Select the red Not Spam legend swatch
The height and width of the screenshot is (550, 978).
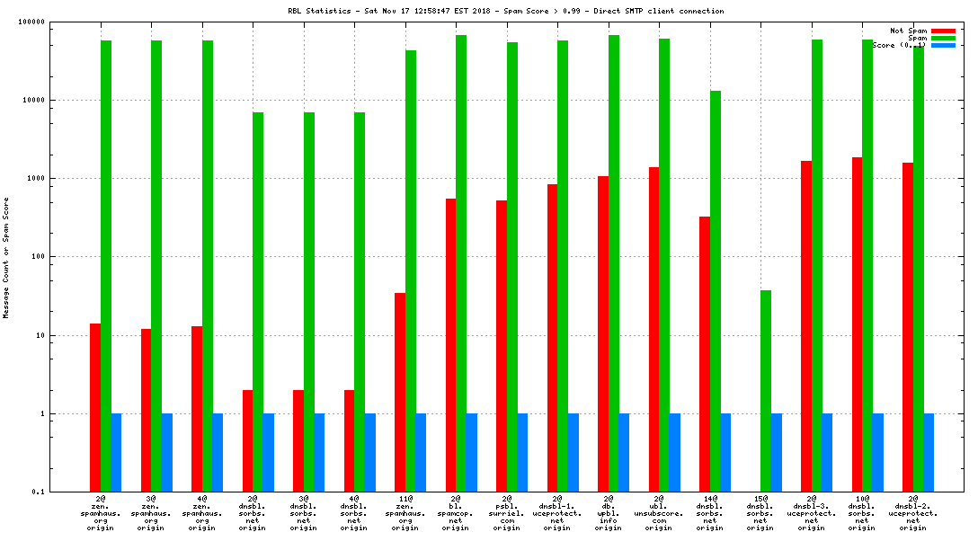point(943,31)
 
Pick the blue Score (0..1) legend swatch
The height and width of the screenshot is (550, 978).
point(943,45)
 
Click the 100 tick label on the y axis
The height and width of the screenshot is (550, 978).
point(37,257)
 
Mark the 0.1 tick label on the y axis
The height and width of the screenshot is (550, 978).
point(37,492)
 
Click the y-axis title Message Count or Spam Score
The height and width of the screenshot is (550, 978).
point(6,257)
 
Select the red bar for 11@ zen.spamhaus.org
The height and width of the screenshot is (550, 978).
point(400,392)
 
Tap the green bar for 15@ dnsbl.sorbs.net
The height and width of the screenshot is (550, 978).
point(766,391)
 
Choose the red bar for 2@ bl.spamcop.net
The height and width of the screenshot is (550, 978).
point(451,345)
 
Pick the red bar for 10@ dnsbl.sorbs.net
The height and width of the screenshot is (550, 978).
point(858,324)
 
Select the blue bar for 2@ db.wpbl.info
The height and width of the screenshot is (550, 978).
point(624,453)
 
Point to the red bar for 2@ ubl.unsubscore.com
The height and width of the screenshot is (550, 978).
point(654,329)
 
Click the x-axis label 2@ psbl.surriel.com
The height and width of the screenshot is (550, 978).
point(506,512)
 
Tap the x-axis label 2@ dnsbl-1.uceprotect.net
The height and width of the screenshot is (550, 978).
point(557,512)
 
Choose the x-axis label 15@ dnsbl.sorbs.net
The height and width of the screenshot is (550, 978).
point(760,512)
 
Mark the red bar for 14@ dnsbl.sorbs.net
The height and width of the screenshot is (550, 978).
point(705,354)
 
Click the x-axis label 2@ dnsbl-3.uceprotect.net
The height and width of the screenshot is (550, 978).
point(812,512)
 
